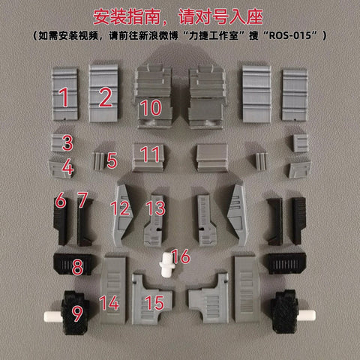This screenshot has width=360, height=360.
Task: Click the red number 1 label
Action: [64, 96]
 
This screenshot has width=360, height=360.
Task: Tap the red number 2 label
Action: [105, 96]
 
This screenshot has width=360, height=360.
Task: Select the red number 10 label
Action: [151, 107]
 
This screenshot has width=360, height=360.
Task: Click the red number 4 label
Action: [67, 166]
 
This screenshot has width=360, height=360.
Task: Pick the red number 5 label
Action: [112, 160]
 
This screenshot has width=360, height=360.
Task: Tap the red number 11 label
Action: [151, 155]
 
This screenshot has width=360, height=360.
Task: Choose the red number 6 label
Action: [60, 200]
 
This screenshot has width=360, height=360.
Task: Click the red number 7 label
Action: [82, 200]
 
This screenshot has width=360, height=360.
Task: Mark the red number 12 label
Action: [120, 208]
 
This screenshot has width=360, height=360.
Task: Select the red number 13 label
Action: [155, 208]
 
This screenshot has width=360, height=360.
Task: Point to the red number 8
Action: [77, 265]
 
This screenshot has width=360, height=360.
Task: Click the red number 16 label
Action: [181, 257]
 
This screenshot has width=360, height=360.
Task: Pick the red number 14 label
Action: [109, 304]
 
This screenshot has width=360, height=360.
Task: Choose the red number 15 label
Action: [154, 302]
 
